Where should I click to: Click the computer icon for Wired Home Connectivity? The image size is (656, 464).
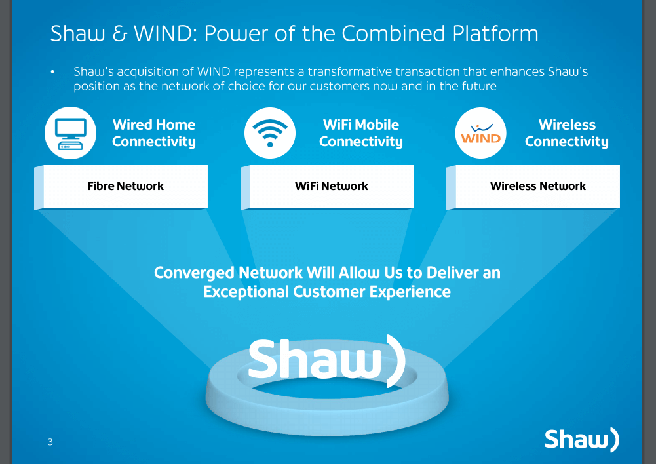[70, 133]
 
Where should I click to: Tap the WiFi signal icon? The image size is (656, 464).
[269, 133]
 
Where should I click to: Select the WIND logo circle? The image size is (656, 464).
[480, 133]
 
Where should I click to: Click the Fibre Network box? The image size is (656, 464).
[125, 186]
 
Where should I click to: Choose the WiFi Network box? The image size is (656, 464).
[331, 186]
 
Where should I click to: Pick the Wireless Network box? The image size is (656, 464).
[537, 186]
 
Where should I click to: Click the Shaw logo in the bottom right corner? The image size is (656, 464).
[581, 440]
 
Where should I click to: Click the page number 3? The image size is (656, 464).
[50, 442]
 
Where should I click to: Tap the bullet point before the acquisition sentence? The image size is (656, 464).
[53, 71]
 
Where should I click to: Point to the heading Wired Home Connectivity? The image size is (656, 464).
[153, 133]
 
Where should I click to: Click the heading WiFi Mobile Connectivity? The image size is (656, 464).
[360, 133]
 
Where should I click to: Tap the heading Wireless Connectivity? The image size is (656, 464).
[566, 133]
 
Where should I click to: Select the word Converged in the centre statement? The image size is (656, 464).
[193, 273]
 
